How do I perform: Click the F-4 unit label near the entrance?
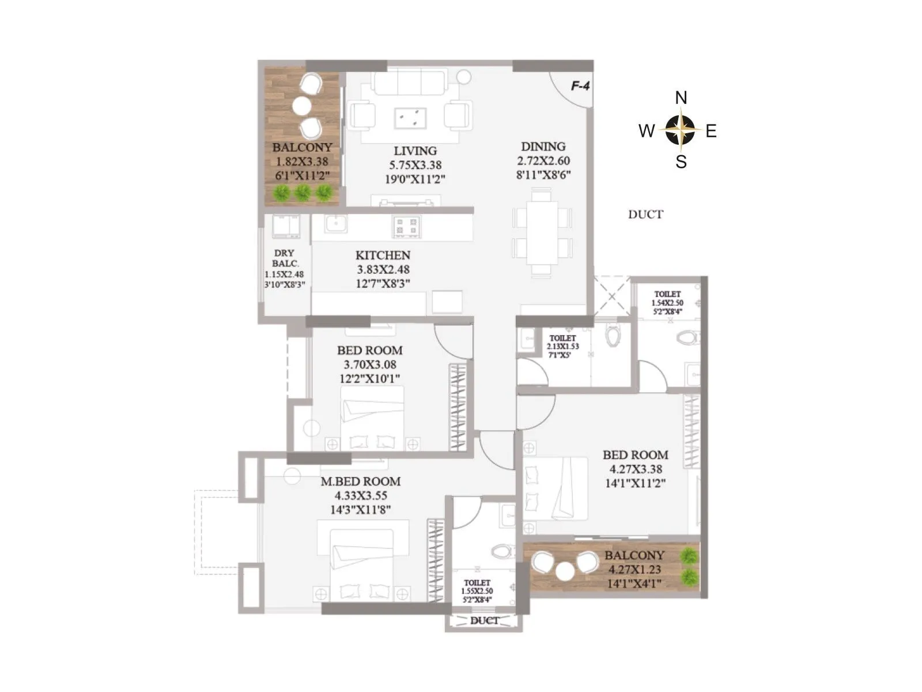pyautogui.click(x=580, y=86)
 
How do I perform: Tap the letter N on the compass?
pyautogui.click(x=681, y=98)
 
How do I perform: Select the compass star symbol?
pyautogui.click(x=681, y=130)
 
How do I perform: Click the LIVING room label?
pyautogui.click(x=415, y=151)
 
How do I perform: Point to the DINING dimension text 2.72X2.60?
pyautogui.click(x=543, y=161)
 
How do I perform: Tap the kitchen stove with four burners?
pyautogui.click(x=407, y=226)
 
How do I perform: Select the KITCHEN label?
pyautogui.click(x=383, y=255)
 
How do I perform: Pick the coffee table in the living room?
pyautogui.click(x=410, y=118)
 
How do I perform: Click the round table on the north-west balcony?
pyautogui.click(x=301, y=106)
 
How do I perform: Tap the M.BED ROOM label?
pyautogui.click(x=361, y=482)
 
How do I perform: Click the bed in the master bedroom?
pyautogui.click(x=362, y=565)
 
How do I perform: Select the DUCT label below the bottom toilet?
pyautogui.click(x=484, y=621)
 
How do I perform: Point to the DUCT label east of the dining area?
pyautogui.click(x=645, y=215)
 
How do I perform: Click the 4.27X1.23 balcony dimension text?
pyautogui.click(x=634, y=570)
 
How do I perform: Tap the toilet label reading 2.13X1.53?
pyautogui.click(x=562, y=346)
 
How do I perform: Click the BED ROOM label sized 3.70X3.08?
pyautogui.click(x=369, y=351)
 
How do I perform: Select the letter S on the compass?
pyautogui.click(x=681, y=163)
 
